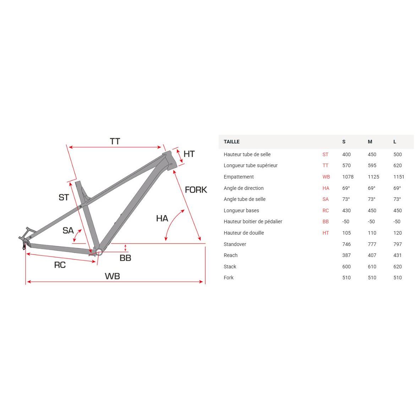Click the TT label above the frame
[x=115, y=141]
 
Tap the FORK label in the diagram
[x=196, y=190]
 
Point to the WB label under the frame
[x=112, y=276]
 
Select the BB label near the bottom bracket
[x=125, y=258]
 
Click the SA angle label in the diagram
[x=68, y=230]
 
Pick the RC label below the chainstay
[x=60, y=265]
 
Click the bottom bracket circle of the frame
[x=99, y=252]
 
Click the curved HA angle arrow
[x=171, y=222]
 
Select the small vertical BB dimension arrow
[x=125, y=248]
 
